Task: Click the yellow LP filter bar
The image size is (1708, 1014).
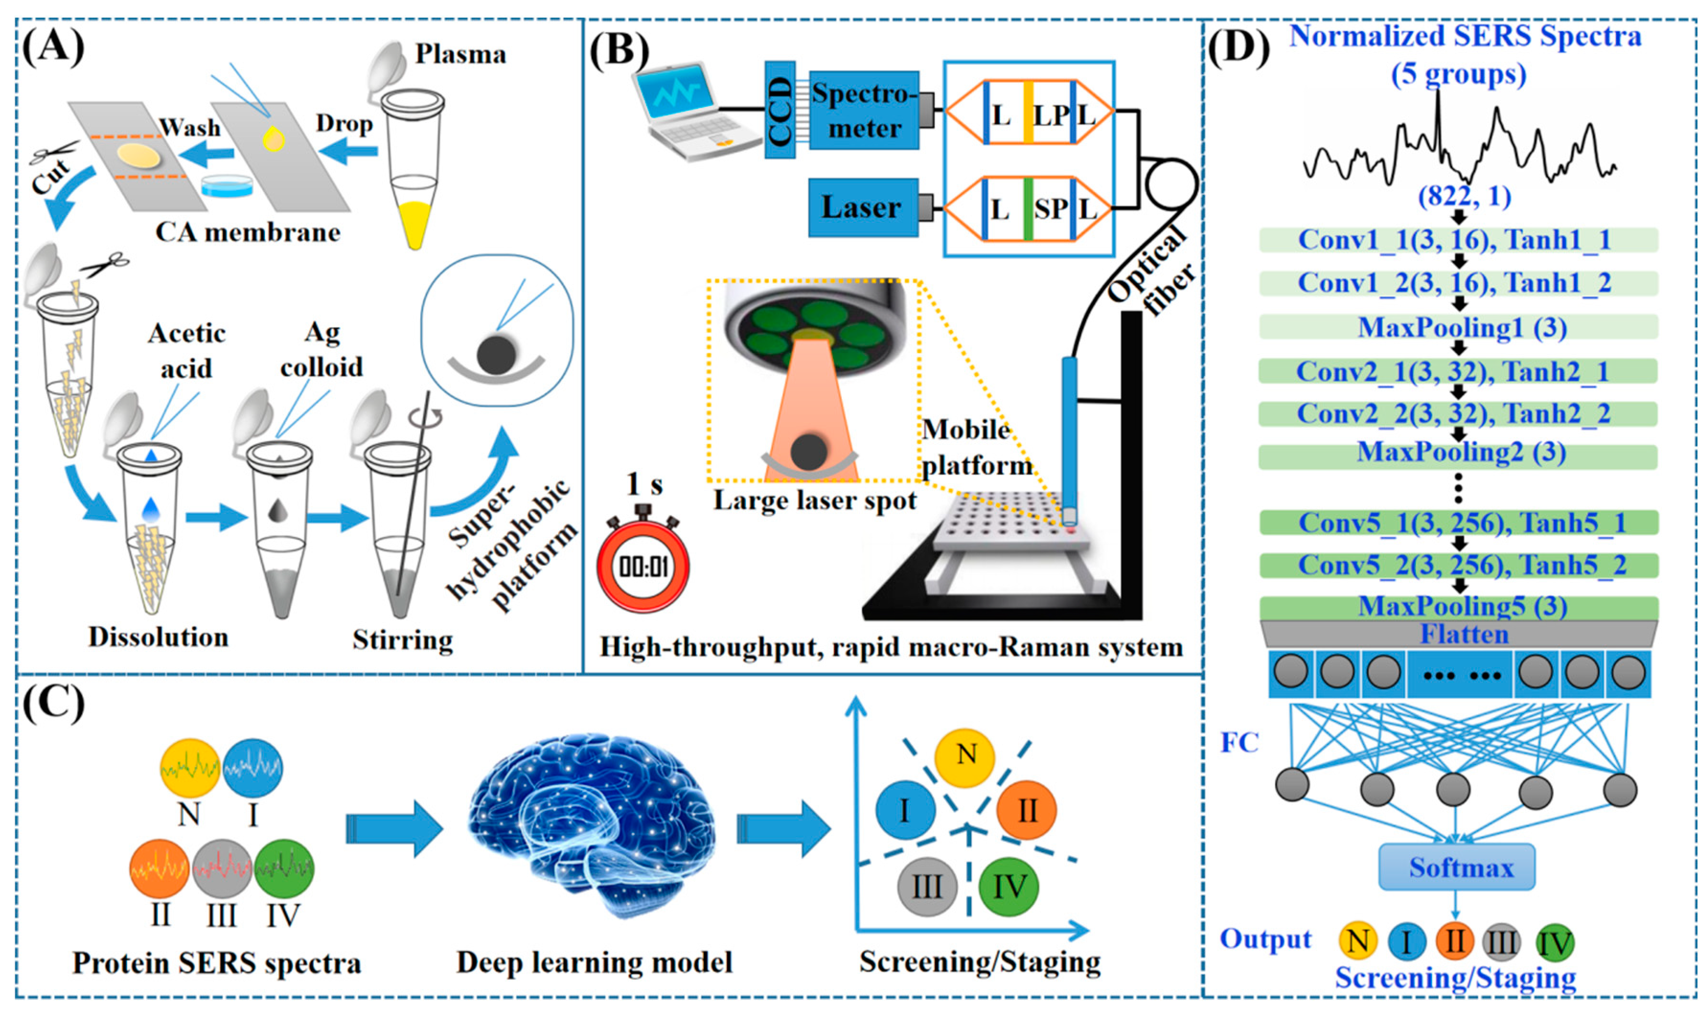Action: (1028, 112)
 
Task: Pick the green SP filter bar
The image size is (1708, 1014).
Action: (1028, 208)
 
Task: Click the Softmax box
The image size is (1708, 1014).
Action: (1456, 867)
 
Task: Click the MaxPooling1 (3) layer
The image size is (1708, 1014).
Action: (1458, 327)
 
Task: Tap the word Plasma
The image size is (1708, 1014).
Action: (461, 54)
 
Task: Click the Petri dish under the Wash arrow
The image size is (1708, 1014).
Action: (228, 185)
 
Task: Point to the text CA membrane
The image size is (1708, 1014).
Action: (247, 232)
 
